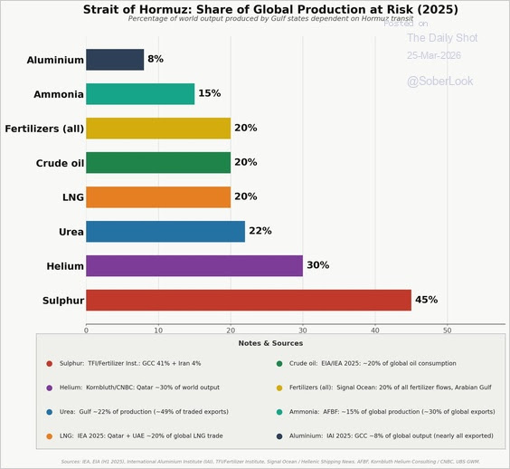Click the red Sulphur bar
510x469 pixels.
coord(248,300)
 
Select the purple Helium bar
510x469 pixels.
coord(194,265)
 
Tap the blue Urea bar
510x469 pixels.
coord(165,231)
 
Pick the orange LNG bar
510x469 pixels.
coord(157,196)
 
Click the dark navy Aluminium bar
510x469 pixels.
coord(114,60)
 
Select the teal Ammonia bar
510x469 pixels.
coord(139,94)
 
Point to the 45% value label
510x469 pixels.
coord(426,300)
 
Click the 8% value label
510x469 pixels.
coord(156,60)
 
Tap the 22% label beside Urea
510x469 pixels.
coord(260,231)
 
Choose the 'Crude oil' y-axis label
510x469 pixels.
coord(59,163)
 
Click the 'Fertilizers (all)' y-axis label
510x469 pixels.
coord(44,129)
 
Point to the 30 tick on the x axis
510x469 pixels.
coord(303,330)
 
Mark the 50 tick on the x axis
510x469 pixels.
coord(448,330)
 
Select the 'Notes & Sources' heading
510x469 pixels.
coord(270,343)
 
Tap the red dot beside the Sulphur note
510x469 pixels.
coord(50,364)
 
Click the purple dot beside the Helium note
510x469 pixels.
coord(50,388)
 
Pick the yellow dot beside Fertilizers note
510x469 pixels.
coord(280,388)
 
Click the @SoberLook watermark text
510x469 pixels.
coord(439,81)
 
